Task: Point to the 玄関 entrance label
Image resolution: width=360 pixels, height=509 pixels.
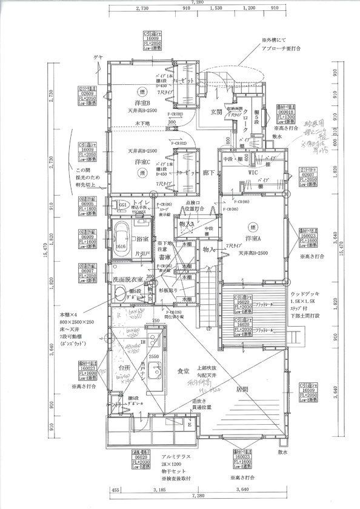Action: (216, 111)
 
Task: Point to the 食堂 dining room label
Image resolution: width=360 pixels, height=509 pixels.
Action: (184, 370)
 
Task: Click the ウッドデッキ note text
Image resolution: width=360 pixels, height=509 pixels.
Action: (313, 293)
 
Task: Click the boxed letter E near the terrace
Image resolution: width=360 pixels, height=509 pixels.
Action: (188, 425)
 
